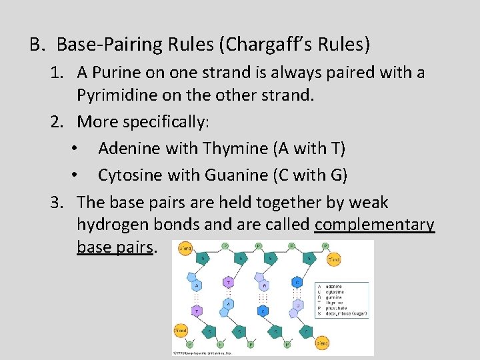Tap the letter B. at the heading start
pos(36,45)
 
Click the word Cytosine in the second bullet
pos(129,175)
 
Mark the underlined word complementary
pos(375,225)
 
